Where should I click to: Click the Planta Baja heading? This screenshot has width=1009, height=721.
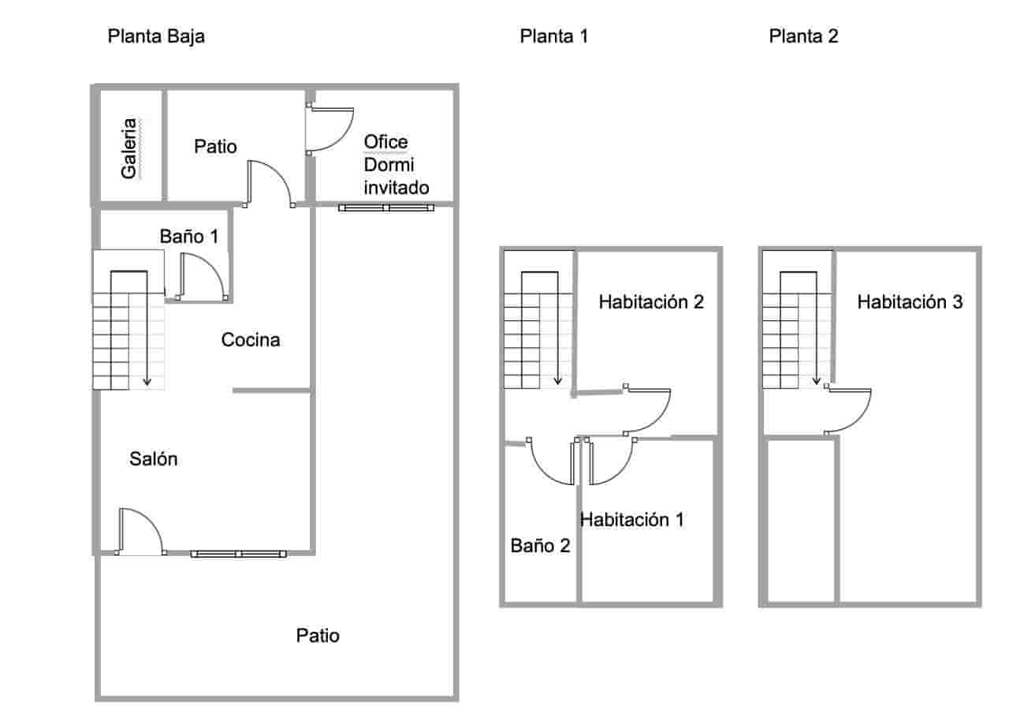[156, 36]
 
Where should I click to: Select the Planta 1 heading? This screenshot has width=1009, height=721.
[553, 36]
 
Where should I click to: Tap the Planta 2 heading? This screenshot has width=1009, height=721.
[803, 36]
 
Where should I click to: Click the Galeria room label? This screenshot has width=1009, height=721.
[129, 148]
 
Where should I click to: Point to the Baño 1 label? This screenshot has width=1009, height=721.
[188, 236]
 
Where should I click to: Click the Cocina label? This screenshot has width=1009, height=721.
[251, 340]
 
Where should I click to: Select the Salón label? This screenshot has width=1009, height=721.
[154, 459]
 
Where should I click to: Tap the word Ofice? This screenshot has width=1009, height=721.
[385, 142]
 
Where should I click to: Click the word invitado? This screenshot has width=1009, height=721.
[397, 188]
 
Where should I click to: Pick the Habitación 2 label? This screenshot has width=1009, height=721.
[650, 301]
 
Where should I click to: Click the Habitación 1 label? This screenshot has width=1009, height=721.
[632, 519]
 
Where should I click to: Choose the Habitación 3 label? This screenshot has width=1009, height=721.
[910, 301]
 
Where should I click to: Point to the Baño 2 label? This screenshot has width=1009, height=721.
[540, 545]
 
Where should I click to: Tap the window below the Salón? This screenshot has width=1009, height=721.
[237, 554]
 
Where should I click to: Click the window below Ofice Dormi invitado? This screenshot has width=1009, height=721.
[386, 207]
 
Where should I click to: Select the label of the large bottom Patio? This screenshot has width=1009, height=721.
[318, 635]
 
